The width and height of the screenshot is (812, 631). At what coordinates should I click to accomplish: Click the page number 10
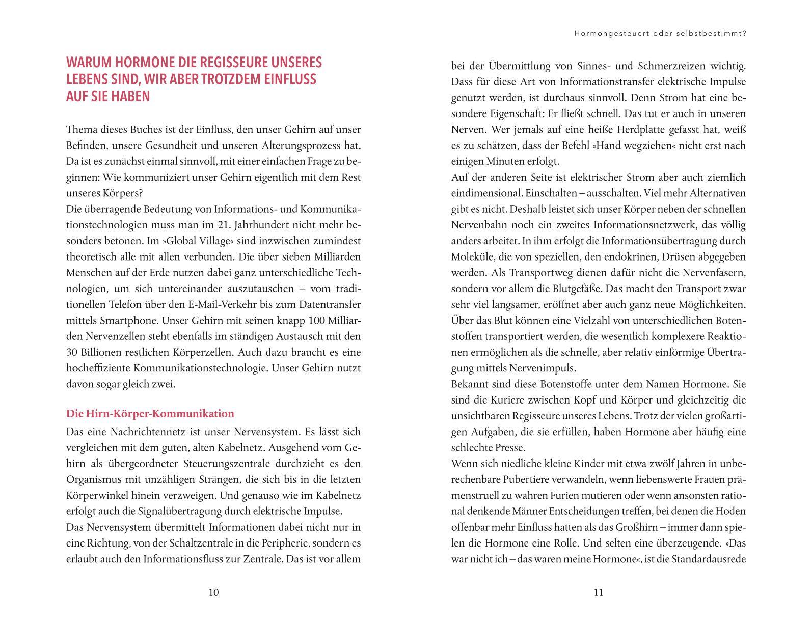[x=213, y=592]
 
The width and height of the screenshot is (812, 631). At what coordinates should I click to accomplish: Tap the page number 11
[x=598, y=592]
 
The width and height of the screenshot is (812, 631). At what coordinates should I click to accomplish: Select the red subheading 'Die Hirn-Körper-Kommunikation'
[x=150, y=414]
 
